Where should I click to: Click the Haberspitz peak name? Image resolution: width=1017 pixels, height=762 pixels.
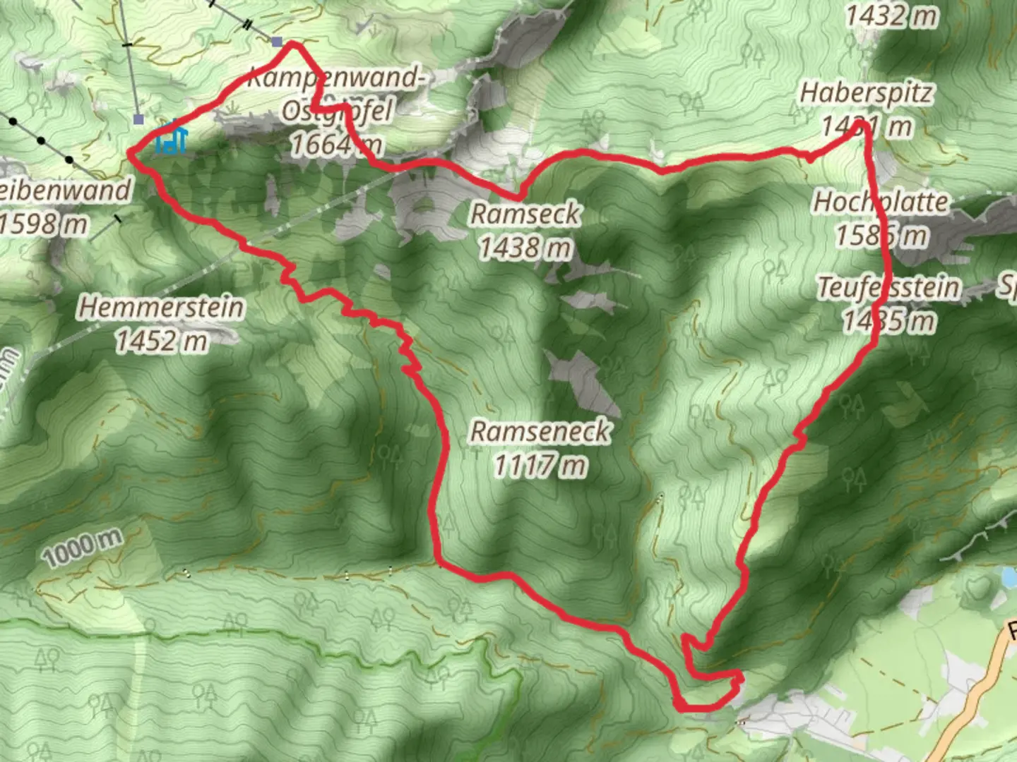866,93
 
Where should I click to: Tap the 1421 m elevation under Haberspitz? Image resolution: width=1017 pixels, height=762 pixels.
867,128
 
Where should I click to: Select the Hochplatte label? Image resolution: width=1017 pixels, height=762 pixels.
881,202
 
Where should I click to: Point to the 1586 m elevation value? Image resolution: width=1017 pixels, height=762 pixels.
882,235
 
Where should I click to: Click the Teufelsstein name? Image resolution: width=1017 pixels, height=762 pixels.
889,288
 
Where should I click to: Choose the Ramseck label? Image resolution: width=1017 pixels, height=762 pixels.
525,214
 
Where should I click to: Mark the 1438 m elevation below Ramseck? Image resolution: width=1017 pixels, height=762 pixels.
525,248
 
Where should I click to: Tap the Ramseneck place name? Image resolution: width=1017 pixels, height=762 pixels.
540,431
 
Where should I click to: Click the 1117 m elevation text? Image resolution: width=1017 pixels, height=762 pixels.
540,466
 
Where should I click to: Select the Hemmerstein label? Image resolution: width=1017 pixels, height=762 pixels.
161,308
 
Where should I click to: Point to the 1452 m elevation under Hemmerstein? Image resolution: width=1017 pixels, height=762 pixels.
161,341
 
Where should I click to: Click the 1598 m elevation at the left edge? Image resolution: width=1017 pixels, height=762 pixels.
44,224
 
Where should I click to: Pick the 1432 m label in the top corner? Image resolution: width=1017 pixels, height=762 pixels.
891,16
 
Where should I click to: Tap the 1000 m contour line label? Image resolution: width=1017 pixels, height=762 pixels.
82,548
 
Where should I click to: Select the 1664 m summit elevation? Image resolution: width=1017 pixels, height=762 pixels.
336,145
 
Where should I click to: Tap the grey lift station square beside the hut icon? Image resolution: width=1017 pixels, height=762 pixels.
139,120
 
